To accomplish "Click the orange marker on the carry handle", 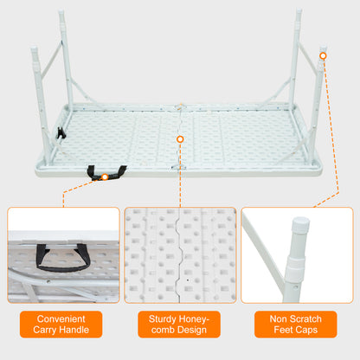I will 105,177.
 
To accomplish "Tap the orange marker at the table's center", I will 180,138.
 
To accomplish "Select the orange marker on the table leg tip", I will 322,56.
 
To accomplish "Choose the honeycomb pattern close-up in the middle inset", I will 180,254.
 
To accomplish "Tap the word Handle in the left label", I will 83,331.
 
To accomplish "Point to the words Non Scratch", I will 296,318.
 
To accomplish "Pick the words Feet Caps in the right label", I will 296,331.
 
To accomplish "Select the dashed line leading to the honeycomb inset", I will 180,173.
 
